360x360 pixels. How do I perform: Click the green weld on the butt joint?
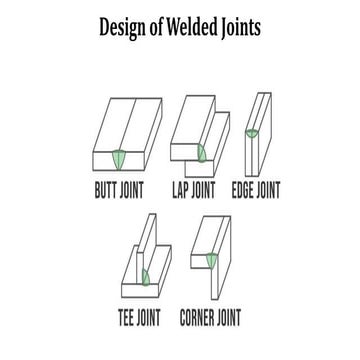tap(122, 160)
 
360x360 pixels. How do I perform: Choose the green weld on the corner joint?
tap(212, 262)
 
